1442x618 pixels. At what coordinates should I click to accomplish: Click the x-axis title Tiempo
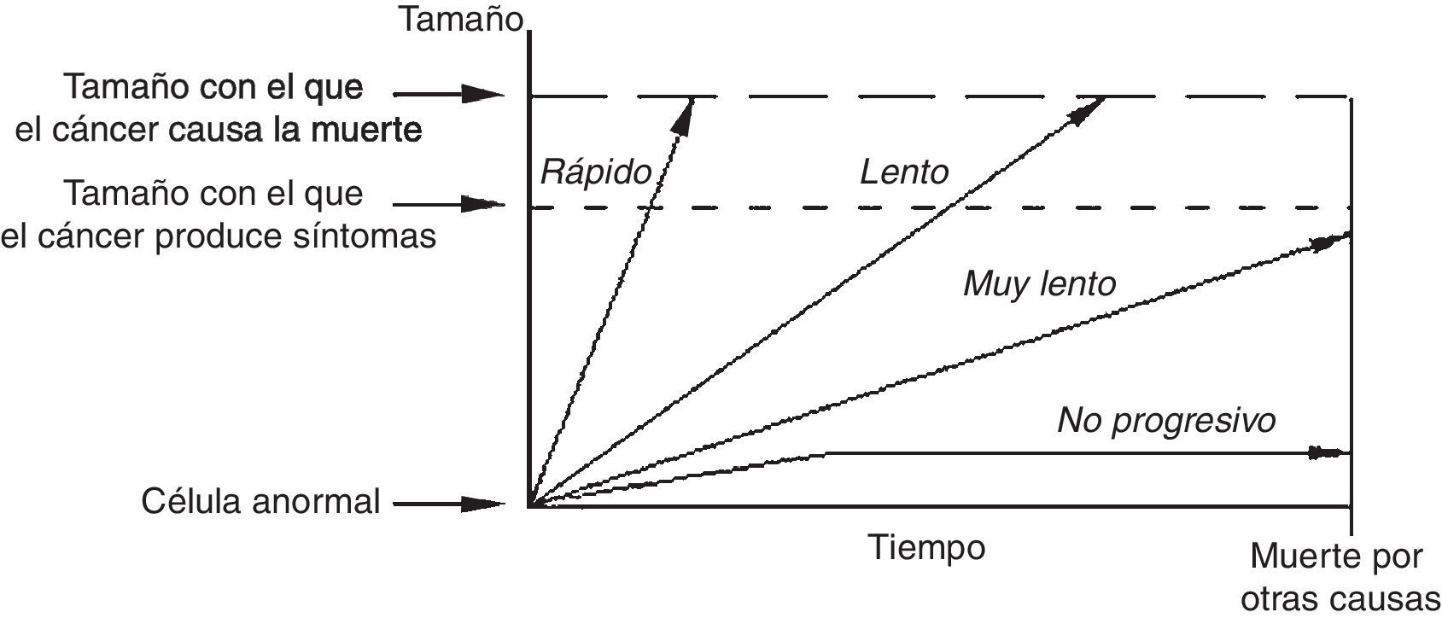(926, 547)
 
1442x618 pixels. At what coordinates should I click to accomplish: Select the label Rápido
(595, 173)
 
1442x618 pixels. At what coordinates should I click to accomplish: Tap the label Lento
(903, 172)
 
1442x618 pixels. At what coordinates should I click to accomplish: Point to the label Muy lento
(1039, 283)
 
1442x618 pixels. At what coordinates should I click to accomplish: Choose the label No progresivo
(1166, 421)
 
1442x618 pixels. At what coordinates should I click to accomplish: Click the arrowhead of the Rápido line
(685, 116)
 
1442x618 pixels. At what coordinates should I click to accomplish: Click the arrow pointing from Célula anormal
(449, 504)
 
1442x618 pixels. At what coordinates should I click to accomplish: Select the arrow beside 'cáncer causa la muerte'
(449, 93)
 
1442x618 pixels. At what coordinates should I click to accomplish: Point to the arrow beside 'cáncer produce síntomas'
(449, 204)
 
